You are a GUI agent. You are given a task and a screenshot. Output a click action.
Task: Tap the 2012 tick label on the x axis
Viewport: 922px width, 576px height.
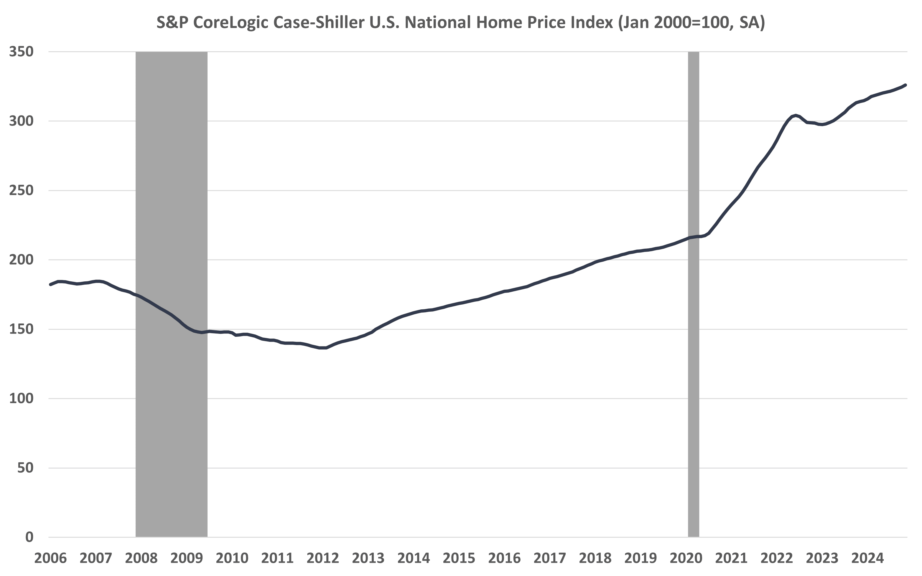point(323,559)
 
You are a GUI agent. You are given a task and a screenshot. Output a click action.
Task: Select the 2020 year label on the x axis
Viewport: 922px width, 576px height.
point(686,559)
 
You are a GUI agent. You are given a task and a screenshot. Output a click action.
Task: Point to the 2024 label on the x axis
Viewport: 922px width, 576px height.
point(867,559)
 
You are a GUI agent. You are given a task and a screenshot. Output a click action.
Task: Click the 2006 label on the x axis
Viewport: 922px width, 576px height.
point(50,559)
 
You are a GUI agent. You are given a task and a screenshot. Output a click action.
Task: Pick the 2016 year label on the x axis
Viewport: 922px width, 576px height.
point(504,559)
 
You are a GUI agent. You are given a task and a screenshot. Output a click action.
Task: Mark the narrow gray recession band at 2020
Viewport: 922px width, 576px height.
point(693,343)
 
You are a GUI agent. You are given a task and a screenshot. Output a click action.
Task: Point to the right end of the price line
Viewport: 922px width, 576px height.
point(905,85)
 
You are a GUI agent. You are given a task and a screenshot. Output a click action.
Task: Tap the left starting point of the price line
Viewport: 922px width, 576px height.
point(51,284)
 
